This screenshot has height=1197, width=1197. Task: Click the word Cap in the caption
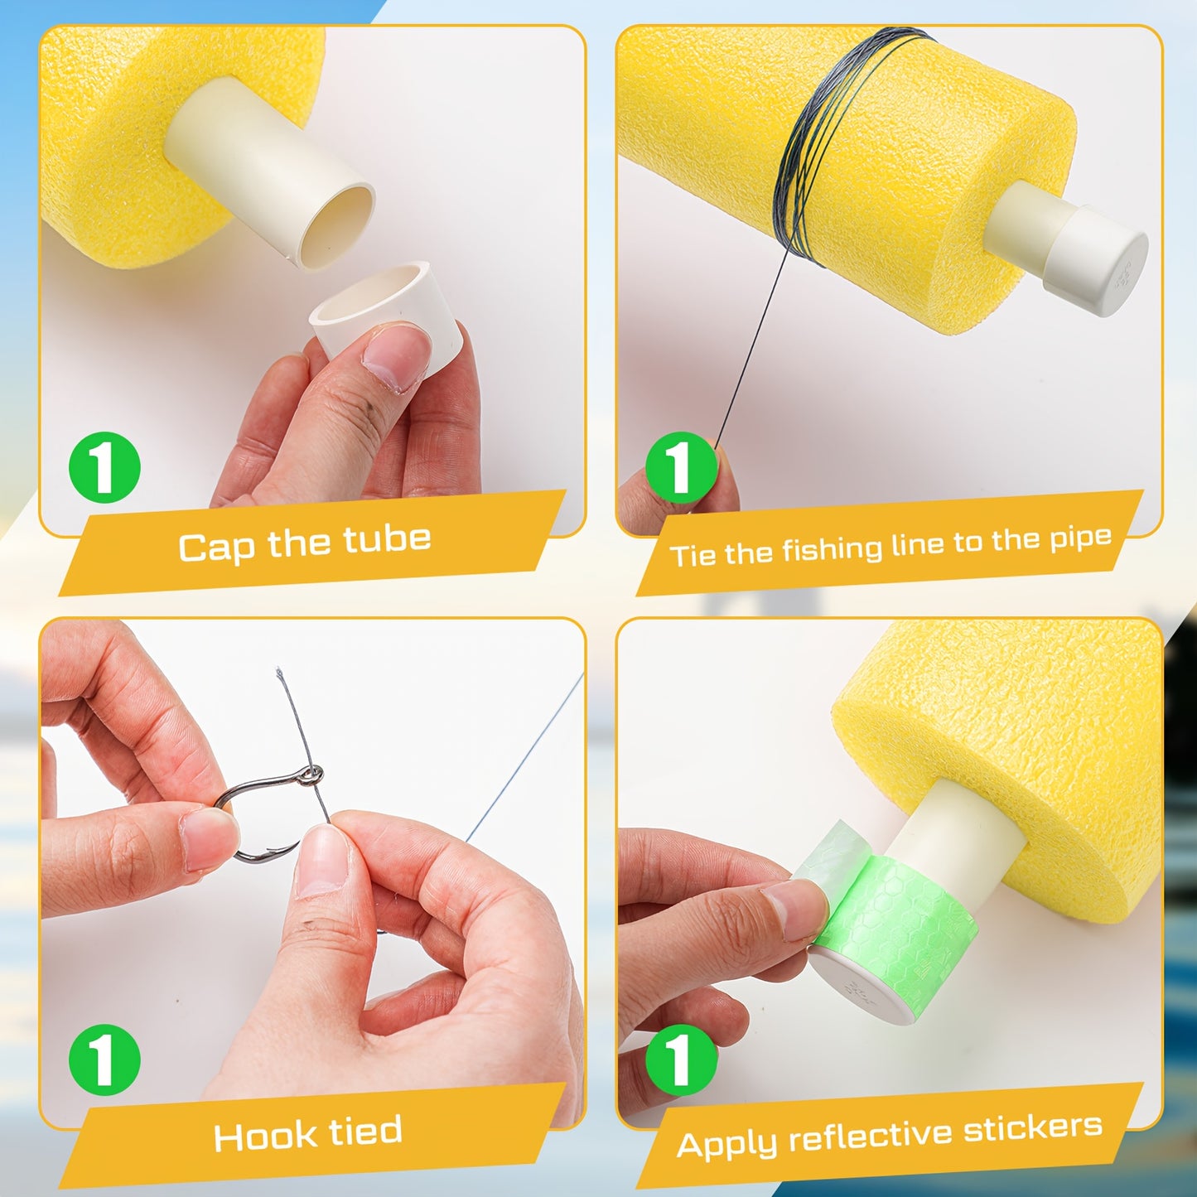click(x=216, y=548)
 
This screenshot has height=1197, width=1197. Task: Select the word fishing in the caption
click(x=832, y=549)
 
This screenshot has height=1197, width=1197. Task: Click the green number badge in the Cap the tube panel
click(x=104, y=468)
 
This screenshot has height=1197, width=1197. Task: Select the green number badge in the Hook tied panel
click(x=104, y=1059)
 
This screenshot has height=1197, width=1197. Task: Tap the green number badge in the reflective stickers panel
click(x=682, y=1059)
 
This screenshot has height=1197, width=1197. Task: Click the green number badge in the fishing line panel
click(x=682, y=468)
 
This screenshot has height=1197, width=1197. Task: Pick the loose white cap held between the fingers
click(x=385, y=314)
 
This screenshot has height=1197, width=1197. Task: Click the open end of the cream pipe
click(x=336, y=227)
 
